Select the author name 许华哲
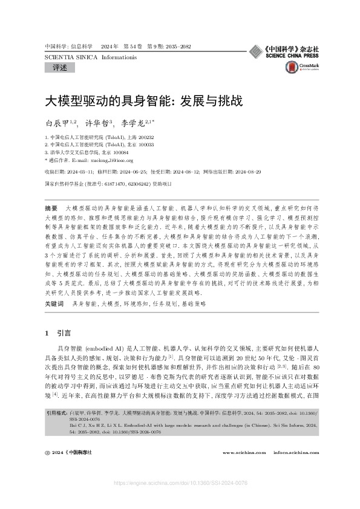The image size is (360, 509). pos(99,123)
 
